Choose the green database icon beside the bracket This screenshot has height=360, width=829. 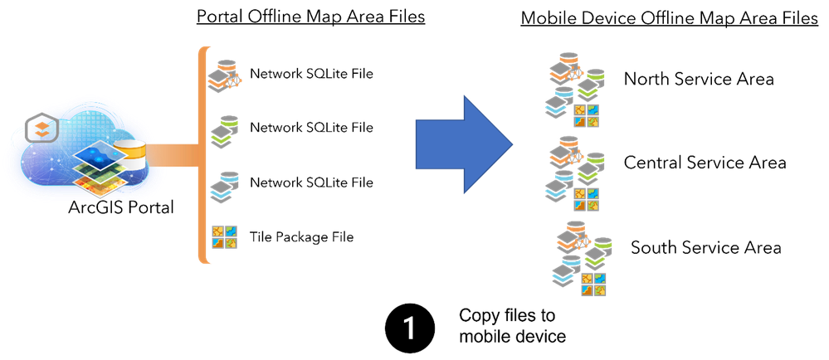[x=225, y=132]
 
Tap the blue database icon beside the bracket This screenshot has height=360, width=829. [x=225, y=187]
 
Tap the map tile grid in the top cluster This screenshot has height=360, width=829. [x=587, y=115]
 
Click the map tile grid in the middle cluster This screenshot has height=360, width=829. [x=587, y=198]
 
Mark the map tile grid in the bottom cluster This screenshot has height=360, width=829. [x=593, y=284]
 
